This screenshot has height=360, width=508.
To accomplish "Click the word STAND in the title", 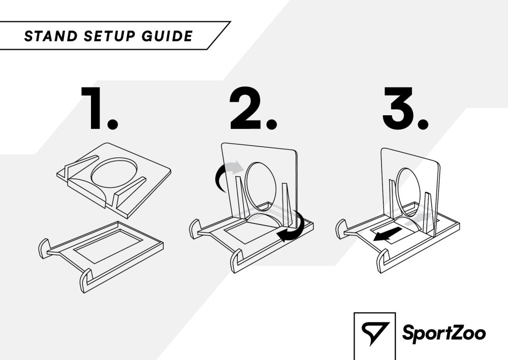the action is tap(51, 36).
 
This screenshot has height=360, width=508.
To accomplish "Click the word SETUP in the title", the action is tap(110, 36).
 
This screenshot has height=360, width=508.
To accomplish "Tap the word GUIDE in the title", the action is tap(167, 36).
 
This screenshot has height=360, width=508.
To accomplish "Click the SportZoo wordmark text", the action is tap(444, 333).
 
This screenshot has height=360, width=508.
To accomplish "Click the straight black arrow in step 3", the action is tap(388, 234).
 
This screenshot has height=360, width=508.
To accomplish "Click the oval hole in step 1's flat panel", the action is tap(114, 173).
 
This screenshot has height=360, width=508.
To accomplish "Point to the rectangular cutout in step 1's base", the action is tap(108, 245).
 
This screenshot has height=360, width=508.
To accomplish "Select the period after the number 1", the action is tap(112, 123).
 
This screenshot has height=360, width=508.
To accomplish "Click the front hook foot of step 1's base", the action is tap(86, 281).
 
